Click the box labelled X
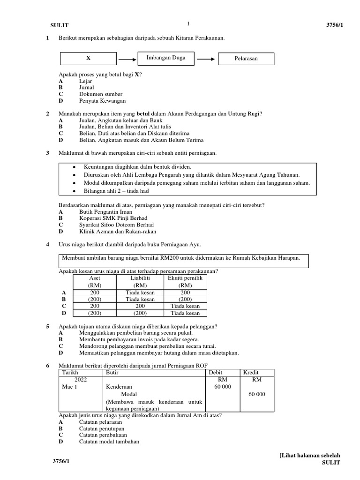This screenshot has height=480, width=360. coord(88,59)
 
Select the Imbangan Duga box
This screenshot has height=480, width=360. coord(166,58)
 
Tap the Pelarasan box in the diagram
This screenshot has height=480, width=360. coord(246,59)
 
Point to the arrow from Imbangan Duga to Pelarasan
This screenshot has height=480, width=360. coord(205,59)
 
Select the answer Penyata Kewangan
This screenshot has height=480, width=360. coord(102,101)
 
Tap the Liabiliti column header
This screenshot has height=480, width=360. coord(140,278)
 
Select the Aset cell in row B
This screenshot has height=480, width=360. coord(95,299)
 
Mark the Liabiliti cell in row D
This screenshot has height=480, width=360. coord(140,313)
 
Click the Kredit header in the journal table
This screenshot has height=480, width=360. coord(251,372)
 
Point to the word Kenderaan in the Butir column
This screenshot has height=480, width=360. coord(119,387)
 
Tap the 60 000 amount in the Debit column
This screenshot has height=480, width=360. coord(223,387)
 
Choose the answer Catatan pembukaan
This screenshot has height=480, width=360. coord(103,435)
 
